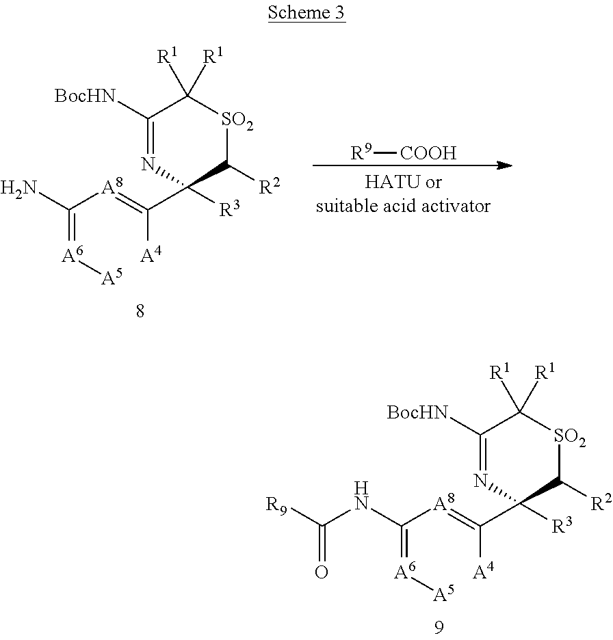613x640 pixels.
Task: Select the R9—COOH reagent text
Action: point(403,153)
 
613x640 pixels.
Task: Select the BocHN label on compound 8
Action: point(86,96)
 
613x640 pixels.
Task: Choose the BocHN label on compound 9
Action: point(417,412)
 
